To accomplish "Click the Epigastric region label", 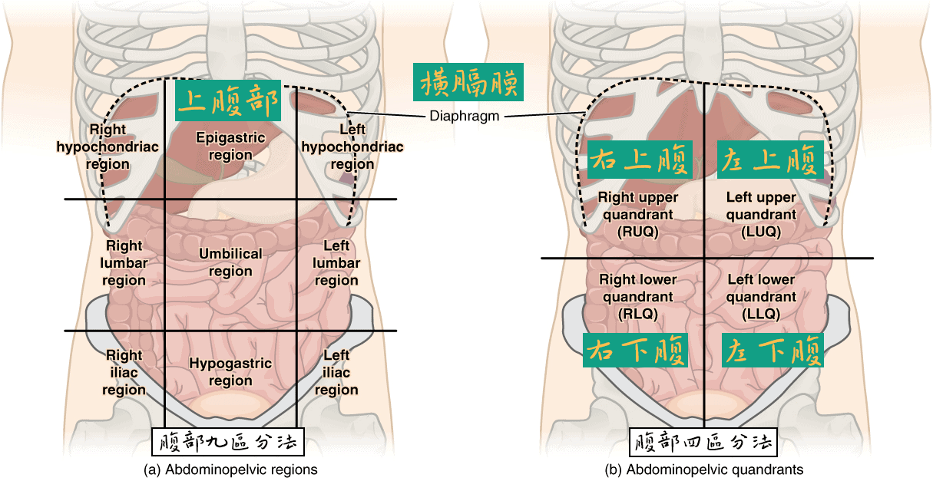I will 230,146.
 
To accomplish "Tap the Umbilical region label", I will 230,262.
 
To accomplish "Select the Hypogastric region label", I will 230,372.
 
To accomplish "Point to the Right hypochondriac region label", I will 108,147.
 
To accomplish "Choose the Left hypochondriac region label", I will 352,147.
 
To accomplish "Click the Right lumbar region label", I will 124,263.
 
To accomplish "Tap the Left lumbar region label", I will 336,263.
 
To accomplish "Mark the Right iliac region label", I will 124,372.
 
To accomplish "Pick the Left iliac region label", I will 336,372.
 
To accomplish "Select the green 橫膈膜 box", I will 468,81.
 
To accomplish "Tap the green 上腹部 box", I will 228,100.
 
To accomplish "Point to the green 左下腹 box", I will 772,351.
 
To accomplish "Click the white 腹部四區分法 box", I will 703,443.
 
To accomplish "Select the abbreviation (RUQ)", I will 637,231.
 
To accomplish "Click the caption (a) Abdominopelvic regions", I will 230,469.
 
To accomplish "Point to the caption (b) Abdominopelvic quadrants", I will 704,469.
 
